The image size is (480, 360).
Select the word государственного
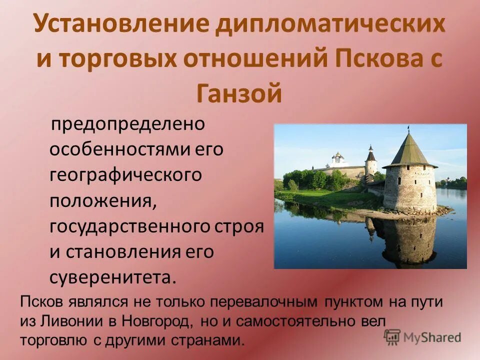point(130,226)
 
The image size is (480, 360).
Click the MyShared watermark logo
point(423,337)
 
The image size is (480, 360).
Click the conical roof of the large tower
point(409,149)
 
